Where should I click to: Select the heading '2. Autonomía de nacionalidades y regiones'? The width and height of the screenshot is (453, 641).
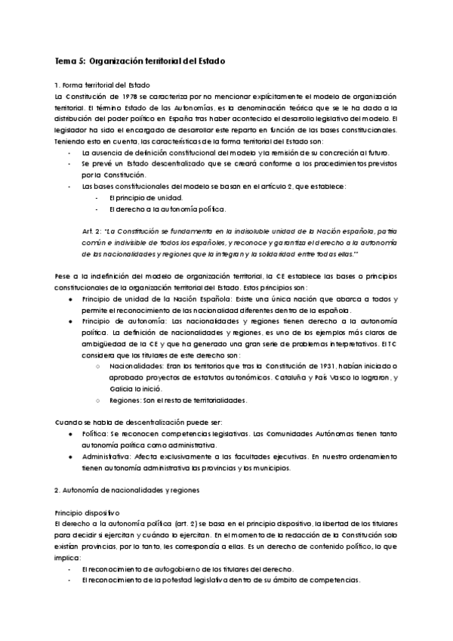121,490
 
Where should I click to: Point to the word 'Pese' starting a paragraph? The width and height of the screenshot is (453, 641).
63,276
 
